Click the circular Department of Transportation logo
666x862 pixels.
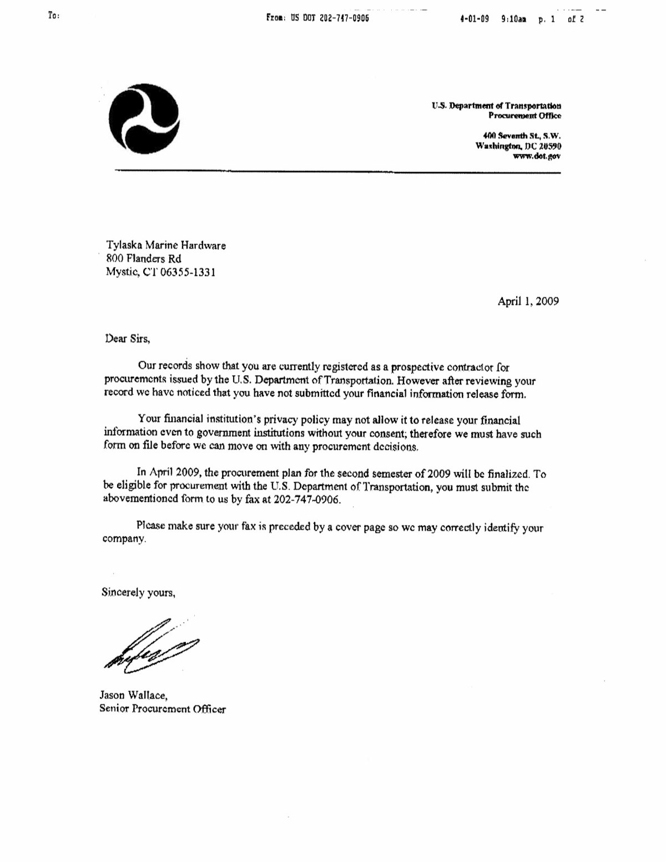coord(144,119)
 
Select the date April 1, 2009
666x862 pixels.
coord(528,301)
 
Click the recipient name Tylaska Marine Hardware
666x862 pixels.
coord(166,245)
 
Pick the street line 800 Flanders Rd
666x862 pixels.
coord(144,259)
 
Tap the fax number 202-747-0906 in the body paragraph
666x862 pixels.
coord(309,499)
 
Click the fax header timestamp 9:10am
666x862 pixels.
coord(513,18)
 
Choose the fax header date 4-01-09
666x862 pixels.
coord(475,18)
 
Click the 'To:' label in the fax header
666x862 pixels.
coord(53,16)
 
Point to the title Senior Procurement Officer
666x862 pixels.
coord(163,709)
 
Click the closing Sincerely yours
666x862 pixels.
coord(139,593)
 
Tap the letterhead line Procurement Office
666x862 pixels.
coord(524,115)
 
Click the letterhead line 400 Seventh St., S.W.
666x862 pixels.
coord(522,135)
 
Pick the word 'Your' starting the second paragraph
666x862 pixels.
coord(149,420)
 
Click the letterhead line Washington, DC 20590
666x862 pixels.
coord(518,146)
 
